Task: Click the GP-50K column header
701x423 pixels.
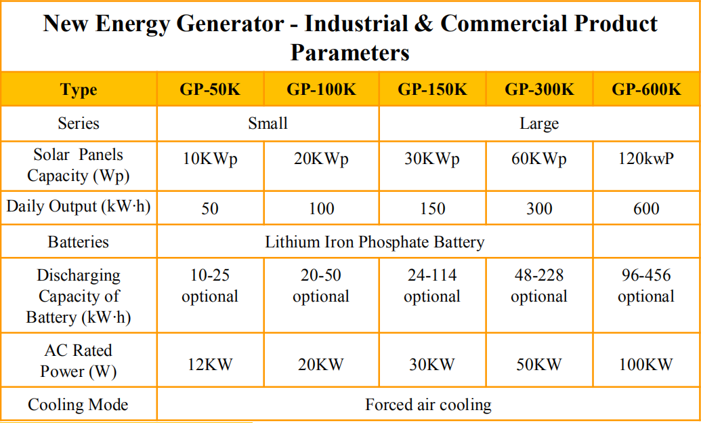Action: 210,89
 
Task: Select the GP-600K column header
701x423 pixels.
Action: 646,89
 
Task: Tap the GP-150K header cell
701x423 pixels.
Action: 432,89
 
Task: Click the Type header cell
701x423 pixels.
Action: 79,89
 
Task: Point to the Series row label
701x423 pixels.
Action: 79,123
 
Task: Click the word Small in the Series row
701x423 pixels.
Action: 268,123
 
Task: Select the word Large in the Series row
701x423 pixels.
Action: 539,123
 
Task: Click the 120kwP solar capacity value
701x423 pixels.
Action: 646,159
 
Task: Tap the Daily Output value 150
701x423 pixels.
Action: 432,209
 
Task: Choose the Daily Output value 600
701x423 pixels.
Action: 646,209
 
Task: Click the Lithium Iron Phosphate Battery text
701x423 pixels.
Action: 375,242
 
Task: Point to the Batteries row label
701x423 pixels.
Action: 79,242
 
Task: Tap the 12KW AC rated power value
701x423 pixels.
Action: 210,364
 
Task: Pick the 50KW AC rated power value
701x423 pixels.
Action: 539,364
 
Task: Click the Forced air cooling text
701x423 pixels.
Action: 428,405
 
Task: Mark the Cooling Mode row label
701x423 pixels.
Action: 79,405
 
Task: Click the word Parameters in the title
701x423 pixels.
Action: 350,53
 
